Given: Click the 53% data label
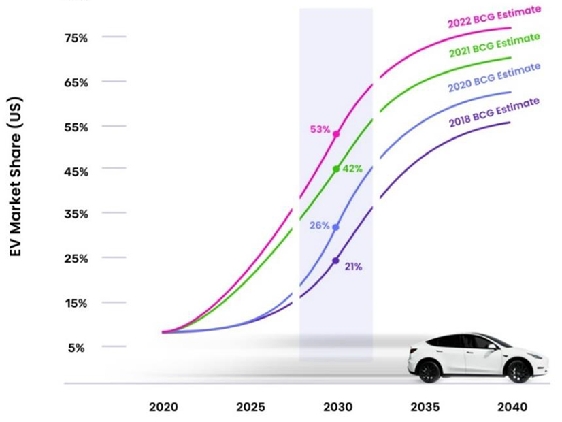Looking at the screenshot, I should pos(320,129).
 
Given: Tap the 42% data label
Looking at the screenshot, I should pos(352,168).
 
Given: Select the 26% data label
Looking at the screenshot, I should pos(320,225).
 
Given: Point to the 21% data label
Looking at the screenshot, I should pos(353,267).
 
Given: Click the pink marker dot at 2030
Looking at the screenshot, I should pos(336,134).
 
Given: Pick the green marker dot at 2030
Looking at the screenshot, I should pos(336,169).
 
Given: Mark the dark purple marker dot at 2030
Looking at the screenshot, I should pos(335,261).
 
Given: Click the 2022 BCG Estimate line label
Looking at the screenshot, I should pos(494,17).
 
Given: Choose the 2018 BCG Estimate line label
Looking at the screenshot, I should pos(494,112).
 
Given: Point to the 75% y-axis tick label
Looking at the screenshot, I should pos(76,38).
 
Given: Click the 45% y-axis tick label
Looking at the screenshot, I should pos(76,172).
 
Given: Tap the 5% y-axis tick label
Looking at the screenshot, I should pos(76,348).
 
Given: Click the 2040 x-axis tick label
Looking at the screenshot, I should pos(512,408).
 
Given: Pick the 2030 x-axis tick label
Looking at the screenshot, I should pos(337,408).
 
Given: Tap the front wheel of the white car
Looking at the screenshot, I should pos(429,371).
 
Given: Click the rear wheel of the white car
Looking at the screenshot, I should pos(518,371).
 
